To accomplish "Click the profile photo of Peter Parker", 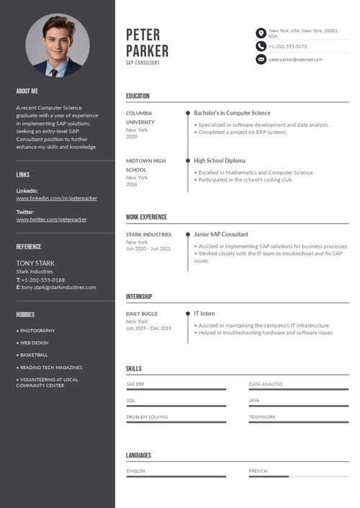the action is (58, 45).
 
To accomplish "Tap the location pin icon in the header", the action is (261, 33).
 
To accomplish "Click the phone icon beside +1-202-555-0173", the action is (261, 46).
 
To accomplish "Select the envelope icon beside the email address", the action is (261, 59).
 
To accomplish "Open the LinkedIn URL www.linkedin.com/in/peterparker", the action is (57, 197).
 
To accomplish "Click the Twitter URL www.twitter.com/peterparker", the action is (51, 219).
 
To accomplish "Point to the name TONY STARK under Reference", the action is (35, 263).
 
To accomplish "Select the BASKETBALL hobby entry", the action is (33, 355).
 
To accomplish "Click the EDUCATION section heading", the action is (138, 96).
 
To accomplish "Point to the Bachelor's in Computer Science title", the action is (232, 113).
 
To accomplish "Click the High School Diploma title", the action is (220, 161).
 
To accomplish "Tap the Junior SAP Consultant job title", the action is (221, 234).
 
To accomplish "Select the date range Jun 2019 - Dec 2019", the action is (149, 329).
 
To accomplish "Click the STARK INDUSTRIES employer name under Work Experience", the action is (149, 234).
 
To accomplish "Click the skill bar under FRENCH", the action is (298, 476).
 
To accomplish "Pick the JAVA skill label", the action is (254, 400).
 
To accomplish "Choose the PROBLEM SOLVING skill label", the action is (147, 417).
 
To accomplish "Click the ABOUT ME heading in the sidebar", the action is (27, 92).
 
